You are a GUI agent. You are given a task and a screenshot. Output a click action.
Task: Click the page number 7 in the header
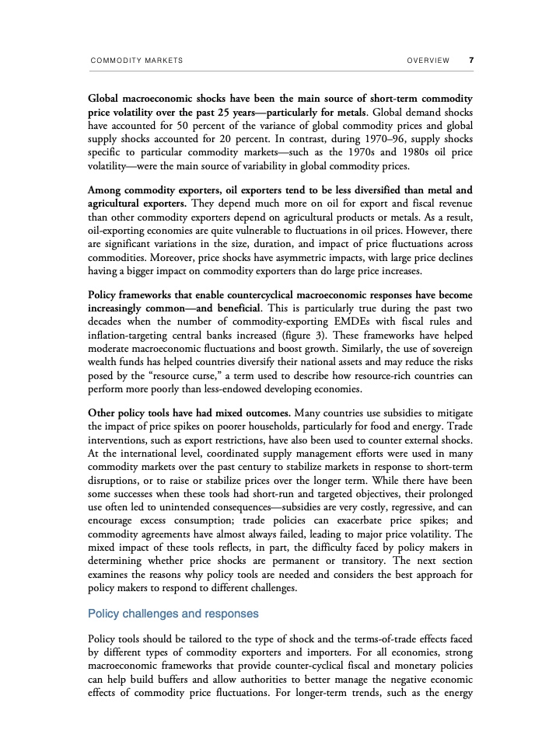pyautogui.click(x=471, y=60)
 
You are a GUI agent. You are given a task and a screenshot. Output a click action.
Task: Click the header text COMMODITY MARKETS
pyautogui.click(x=136, y=61)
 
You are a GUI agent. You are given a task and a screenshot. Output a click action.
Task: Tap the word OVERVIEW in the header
pyautogui.click(x=428, y=61)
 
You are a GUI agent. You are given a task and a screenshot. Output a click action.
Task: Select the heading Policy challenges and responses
pyautogui.click(x=173, y=614)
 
